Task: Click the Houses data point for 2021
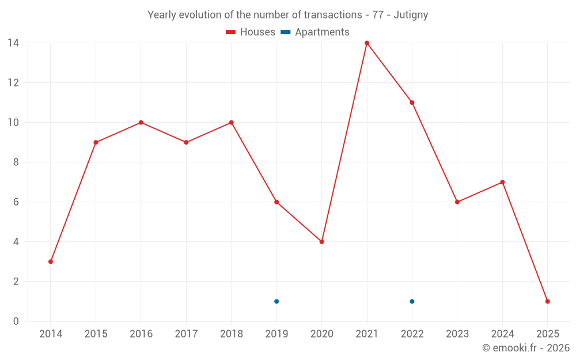tap(367, 43)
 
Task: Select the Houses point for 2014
tap(51, 262)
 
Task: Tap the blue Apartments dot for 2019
tap(276, 301)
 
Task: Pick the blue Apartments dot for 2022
tap(412, 301)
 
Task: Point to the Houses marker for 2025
tap(547, 301)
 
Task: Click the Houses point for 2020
tap(321, 242)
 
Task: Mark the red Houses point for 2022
tap(412, 103)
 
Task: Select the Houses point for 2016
tap(141, 123)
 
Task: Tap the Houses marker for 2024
tap(502, 182)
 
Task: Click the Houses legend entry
tap(251, 32)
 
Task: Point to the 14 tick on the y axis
tap(13, 43)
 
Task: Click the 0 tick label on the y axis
tap(16, 321)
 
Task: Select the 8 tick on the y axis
tap(16, 162)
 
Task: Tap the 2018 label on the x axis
tap(231, 334)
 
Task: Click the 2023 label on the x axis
tap(457, 334)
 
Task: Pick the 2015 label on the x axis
tap(96, 334)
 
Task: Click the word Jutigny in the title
tap(411, 15)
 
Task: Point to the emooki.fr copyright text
tap(526, 348)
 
